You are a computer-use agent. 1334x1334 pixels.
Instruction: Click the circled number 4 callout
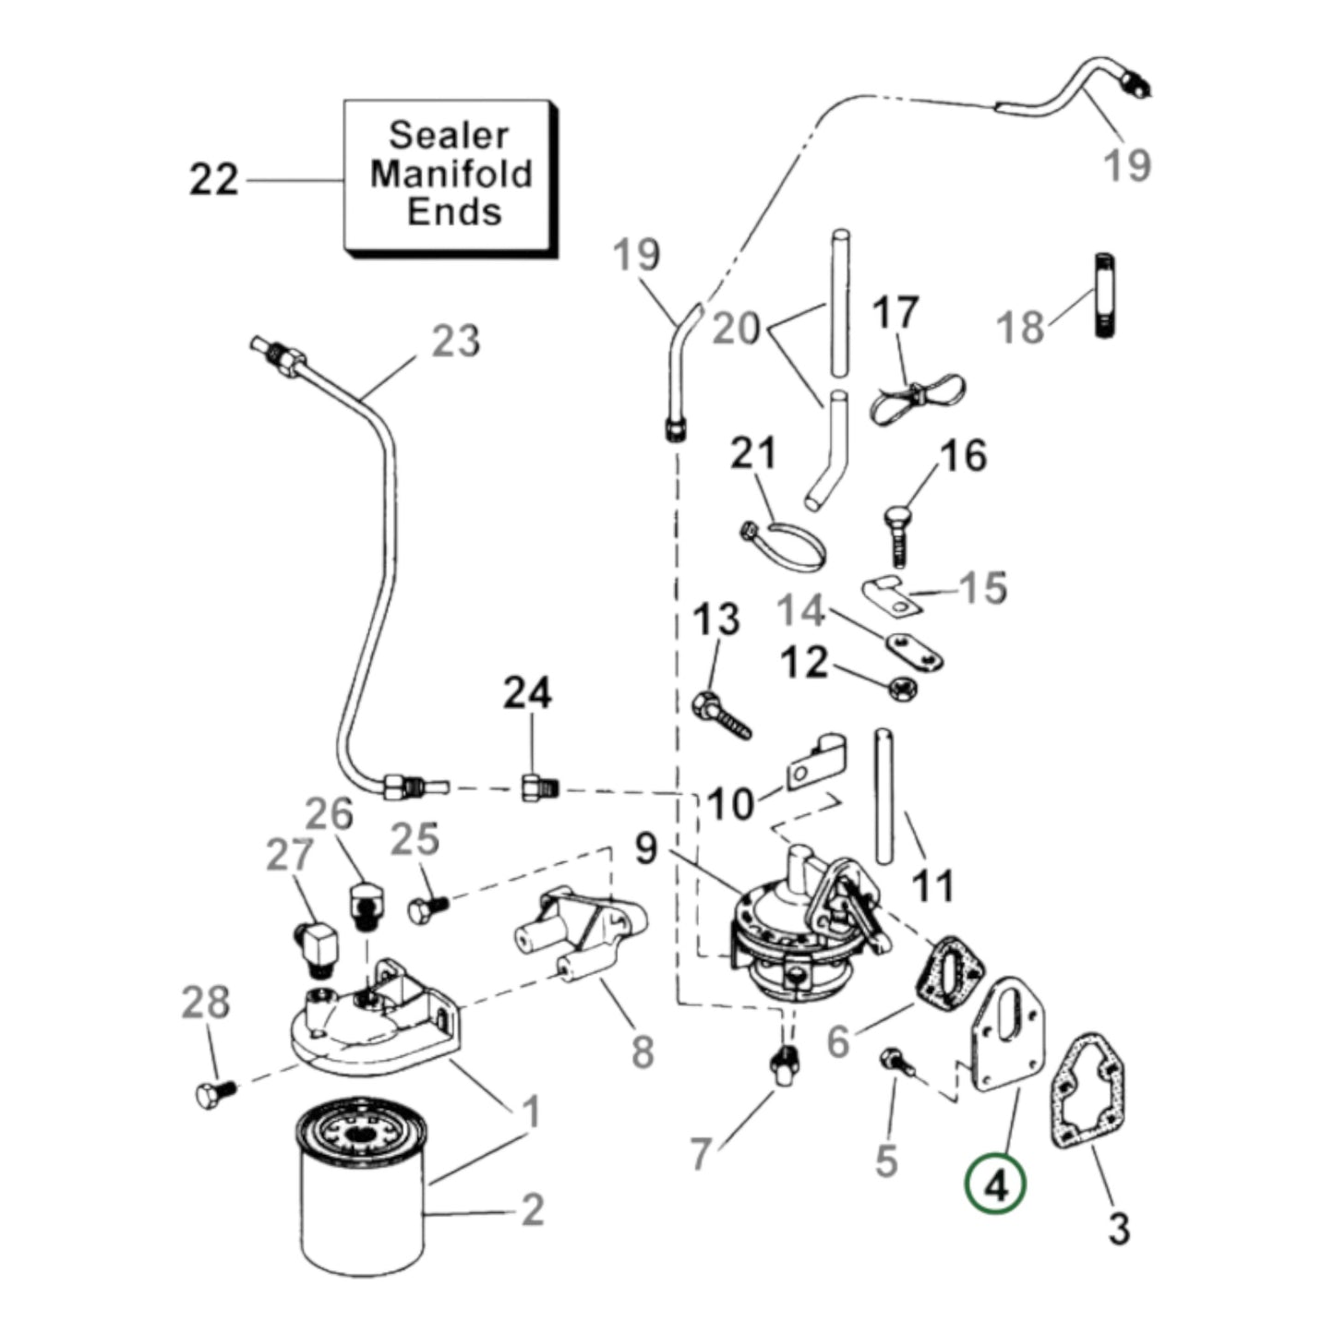click(995, 1185)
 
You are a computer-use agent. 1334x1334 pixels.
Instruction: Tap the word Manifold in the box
click(451, 174)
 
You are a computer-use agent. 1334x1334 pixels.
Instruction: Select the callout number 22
click(214, 179)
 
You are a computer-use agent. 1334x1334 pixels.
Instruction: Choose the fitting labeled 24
click(536, 787)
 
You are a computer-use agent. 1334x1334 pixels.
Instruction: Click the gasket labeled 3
click(1089, 1094)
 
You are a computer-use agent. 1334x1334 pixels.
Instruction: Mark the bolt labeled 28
click(215, 1093)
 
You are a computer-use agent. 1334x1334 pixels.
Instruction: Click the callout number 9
click(646, 847)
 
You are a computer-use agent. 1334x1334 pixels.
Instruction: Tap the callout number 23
click(456, 342)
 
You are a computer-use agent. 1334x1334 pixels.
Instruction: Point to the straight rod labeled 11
click(884, 796)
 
